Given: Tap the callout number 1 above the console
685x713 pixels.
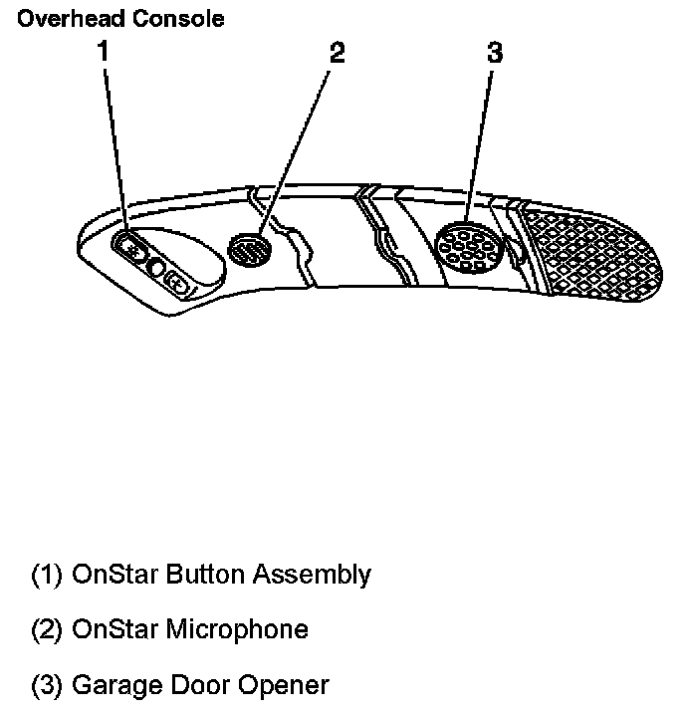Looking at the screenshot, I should point(103,52).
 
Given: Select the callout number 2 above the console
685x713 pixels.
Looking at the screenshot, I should point(338,53).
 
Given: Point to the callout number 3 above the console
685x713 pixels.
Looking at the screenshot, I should point(495,53).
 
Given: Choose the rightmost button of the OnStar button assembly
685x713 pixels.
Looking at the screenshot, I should point(176,283).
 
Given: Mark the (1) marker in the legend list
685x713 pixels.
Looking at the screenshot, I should point(47,576).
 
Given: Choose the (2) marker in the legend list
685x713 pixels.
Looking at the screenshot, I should point(47,630).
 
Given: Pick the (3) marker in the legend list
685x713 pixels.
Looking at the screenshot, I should point(47,686).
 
